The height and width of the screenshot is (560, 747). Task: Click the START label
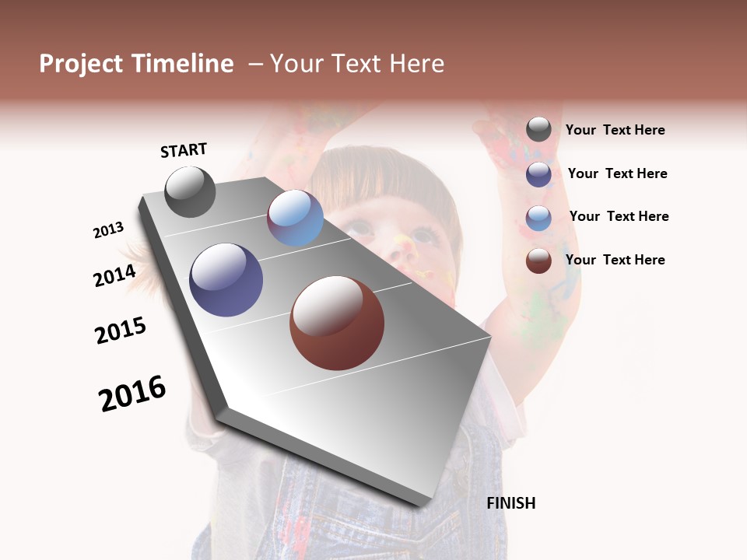coord(184,150)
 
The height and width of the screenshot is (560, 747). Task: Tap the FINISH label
coord(510,503)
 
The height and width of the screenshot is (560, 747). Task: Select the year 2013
coord(109,229)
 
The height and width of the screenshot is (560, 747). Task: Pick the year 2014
coord(114,275)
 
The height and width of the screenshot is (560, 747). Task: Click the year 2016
coord(132,394)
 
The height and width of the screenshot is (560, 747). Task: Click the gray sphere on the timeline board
coord(190,191)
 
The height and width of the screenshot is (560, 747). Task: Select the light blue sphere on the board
coord(295,218)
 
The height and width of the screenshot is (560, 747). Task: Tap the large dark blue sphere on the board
coord(226,280)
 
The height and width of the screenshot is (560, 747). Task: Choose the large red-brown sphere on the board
coord(337,323)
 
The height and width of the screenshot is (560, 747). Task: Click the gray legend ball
coord(538,129)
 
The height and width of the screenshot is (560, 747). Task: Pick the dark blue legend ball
coord(538,173)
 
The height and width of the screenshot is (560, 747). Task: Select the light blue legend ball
coord(538,217)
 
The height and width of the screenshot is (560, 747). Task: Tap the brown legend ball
coord(538,261)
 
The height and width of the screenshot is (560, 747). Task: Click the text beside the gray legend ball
coord(615,130)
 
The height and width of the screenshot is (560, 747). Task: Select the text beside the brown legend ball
coord(615,260)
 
